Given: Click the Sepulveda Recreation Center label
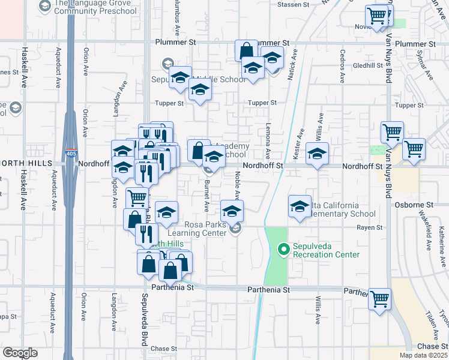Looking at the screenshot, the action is [326, 251].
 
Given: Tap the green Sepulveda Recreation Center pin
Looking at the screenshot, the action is [284, 247].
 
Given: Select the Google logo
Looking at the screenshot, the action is [20, 353].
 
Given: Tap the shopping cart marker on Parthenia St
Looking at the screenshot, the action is [379, 298].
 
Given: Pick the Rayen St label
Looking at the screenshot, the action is [369, 227].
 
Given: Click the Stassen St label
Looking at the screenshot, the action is [294, 4].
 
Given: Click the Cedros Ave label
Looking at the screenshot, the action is [342, 67].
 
